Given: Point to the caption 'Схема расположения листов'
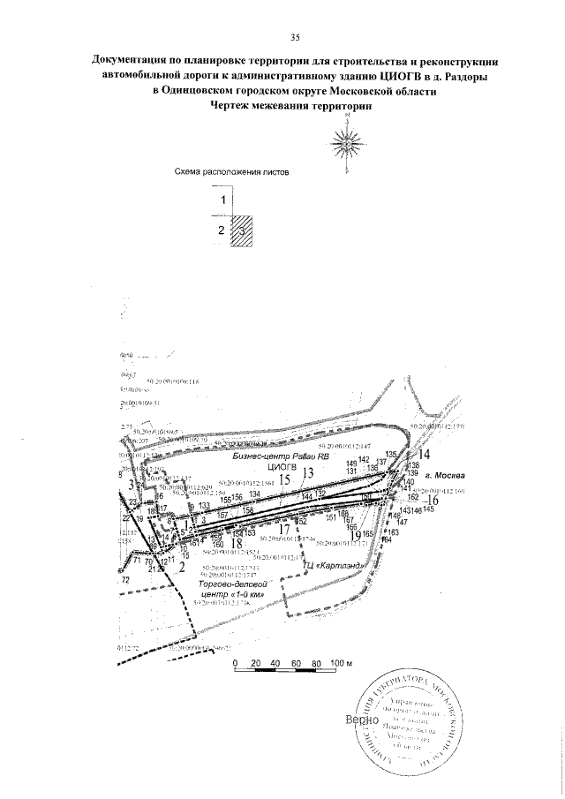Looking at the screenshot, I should click(x=231, y=173).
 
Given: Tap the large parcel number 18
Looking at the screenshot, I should click(x=237, y=544).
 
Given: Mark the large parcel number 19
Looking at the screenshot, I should click(x=355, y=534).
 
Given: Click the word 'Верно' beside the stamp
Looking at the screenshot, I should click(x=363, y=720).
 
